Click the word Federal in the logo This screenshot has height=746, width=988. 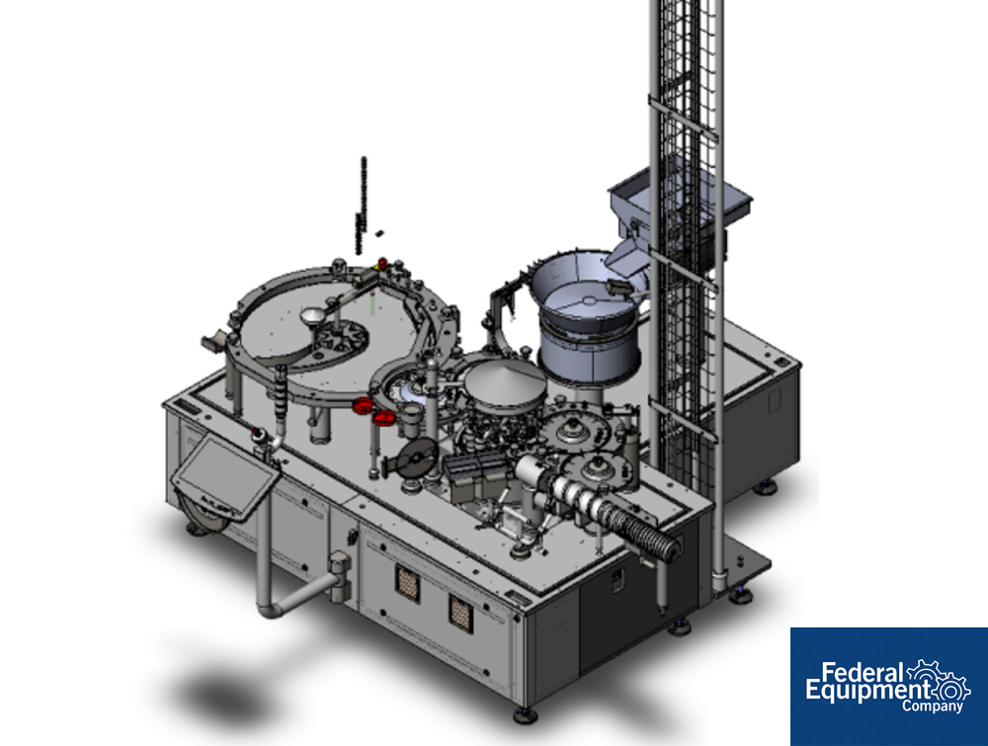(x=862, y=673)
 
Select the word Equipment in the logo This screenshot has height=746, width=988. (x=867, y=692)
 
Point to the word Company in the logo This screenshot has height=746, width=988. (x=932, y=705)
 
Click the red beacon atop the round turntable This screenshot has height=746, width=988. (x=381, y=262)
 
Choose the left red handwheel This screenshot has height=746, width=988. (x=363, y=406)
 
